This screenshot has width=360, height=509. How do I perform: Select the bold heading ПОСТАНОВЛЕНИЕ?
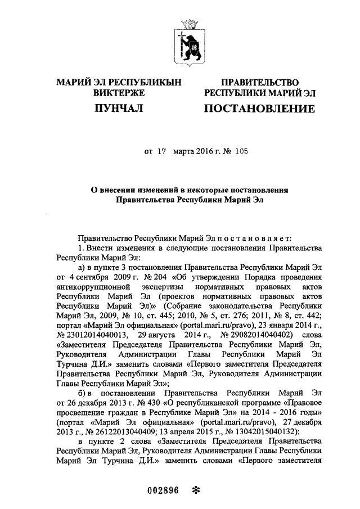259,108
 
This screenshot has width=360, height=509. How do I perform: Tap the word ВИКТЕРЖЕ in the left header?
119,92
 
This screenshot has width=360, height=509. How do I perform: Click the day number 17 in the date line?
163,152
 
